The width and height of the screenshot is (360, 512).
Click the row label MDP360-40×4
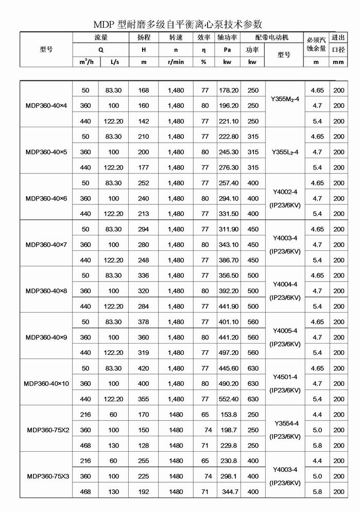coord(46,106)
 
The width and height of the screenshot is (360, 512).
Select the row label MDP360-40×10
coord(46,384)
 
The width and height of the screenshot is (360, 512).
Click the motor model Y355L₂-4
coord(284,152)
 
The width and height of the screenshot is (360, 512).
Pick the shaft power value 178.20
coord(229,90)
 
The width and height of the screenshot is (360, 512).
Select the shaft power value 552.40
coord(229,399)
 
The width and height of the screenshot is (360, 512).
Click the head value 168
coord(144,90)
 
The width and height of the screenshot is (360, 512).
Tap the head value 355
coord(144,399)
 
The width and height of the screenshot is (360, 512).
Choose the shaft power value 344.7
coord(230,492)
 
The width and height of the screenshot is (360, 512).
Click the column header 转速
coord(176,38)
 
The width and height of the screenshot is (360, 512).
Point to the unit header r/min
coord(176,62)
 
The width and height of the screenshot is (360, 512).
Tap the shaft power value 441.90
coord(229,306)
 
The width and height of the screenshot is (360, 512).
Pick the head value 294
coord(144,229)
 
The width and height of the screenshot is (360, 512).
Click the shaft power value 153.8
coord(230,415)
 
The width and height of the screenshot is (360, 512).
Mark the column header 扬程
coord(144,38)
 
